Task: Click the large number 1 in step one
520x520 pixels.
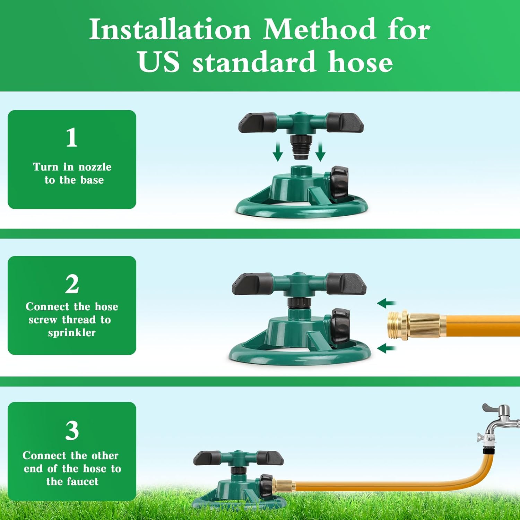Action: [x=72, y=137]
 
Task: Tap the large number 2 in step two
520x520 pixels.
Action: [x=72, y=284]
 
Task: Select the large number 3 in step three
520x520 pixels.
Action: [x=72, y=431]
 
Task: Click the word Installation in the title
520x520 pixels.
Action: [x=170, y=29]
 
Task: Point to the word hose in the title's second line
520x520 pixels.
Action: [x=361, y=62]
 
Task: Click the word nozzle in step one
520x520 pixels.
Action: [x=95, y=167]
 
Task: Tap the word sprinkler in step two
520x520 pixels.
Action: [x=72, y=333]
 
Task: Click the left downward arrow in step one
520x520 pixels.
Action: [x=278, y=153]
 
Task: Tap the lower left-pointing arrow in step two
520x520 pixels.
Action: [x=386, y=348]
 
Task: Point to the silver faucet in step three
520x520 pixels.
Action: [x=499, y=419]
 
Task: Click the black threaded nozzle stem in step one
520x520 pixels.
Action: [x=301, y=147]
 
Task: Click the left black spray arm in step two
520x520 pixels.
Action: [x=252, y=284]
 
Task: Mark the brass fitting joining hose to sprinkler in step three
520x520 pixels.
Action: [x=284, y=485]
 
